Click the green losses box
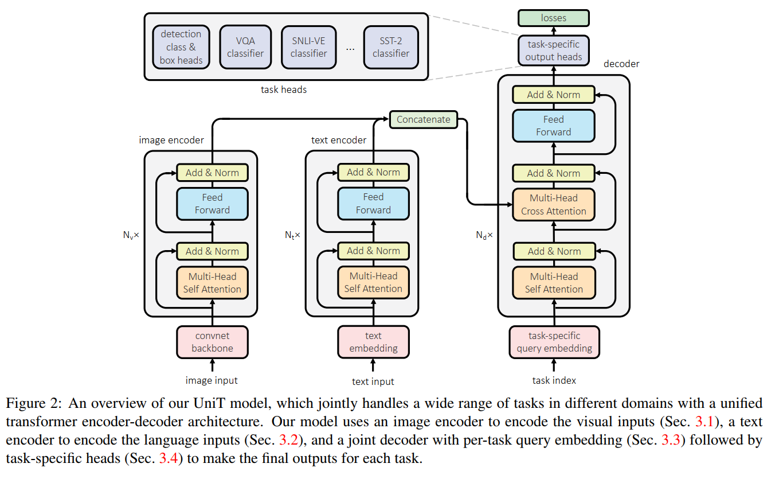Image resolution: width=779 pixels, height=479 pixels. coord(553,18)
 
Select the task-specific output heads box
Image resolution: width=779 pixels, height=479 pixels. coord(553,50)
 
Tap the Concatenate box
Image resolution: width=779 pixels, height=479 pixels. coord(424,120)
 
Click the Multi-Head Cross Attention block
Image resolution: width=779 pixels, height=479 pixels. coord(553,205)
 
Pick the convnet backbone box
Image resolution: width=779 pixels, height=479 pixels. coord(213,342)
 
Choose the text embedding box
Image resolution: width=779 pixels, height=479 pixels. coord(373,342)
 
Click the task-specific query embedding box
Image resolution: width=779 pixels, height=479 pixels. coord(554,342)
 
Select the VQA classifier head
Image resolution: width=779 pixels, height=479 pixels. coord(245,47)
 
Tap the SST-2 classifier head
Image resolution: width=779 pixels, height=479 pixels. coord(390,47)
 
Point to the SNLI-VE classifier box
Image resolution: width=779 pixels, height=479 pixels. coord(308,47)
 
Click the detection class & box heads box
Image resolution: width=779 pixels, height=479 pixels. coord(181,47)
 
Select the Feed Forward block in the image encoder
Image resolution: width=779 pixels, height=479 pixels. coord(212,204)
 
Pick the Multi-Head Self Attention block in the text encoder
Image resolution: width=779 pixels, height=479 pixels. coord(373,283)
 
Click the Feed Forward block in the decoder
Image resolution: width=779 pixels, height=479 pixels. coord(553,126)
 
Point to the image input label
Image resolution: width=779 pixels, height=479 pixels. coord(212,380)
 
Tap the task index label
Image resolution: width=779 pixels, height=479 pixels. coord(554,380)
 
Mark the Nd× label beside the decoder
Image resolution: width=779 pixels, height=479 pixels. coord(484,235)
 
